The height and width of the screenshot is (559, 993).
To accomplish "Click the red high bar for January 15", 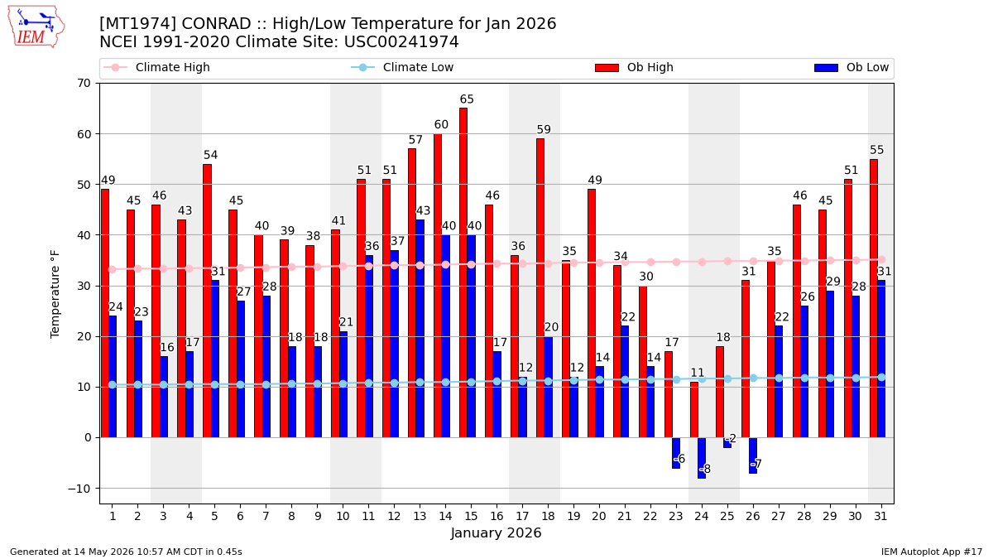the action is tap(463, 272).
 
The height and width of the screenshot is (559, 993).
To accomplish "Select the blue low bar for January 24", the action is tap(702, 458).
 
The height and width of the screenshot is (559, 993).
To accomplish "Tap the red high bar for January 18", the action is tap(540, 288).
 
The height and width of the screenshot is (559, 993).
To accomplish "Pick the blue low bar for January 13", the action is tap(420, 329).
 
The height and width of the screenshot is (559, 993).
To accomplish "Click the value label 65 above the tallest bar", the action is tap(467, 99).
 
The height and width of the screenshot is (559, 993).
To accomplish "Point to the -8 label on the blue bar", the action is tap(705, 469).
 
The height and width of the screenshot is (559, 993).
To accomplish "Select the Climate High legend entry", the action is tap(156, 67).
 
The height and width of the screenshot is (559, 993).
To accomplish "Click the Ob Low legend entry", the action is tap(851, 67).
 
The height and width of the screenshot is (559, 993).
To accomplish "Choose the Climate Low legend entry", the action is tap(402, 67).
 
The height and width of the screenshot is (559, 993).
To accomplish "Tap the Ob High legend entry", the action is tap(635, 67).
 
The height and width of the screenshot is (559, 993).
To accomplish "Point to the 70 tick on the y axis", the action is tap(84, 83).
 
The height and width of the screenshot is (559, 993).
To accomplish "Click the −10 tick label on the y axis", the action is tap(79, 489).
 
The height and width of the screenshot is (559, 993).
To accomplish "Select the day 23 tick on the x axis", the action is tap(676, 516).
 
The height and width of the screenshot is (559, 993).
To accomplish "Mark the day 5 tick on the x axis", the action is tap(214, 516).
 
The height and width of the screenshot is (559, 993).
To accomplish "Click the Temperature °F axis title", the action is tap(55, 294).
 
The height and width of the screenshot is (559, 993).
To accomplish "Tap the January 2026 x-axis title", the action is tap(496, 532).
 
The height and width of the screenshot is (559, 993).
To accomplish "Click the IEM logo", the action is tap(36, 27).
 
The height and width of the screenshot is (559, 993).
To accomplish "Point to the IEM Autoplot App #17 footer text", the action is tap(932, 552).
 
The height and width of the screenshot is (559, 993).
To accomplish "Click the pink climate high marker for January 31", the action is tap(882, 259).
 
